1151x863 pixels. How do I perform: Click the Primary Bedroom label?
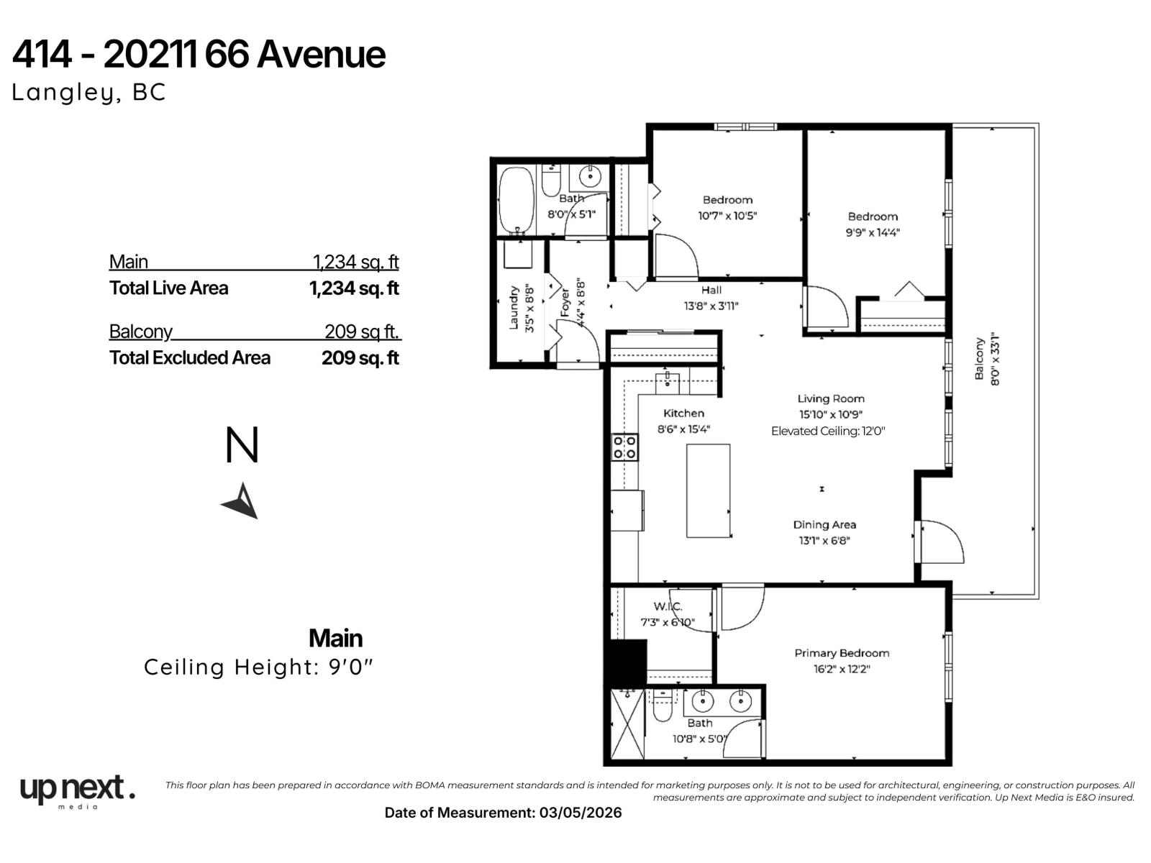pyautogui.click(x=842, y=653)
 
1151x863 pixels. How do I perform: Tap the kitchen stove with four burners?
pyautogui.click(x=624, y=447)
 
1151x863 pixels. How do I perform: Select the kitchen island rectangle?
pyautogui.click(x=708, y=490)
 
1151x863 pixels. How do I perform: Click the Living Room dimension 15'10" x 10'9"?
pyautogui.click(x=830, y=414)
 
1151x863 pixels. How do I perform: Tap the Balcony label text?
pyautogui.click(x=979, y=359)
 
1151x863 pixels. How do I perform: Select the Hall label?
pyautogui.click(x=711, y=290)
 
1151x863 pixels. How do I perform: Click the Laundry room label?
pyautogui.click(x=514, y=308)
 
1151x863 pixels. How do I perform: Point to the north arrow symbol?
pyautogui.click(x=242, y=501)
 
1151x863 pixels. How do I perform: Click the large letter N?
pyautogui.click(x=242, y=446)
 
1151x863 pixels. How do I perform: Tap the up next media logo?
pyautogui.click(x=77, y=791)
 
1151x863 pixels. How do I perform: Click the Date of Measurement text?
pyautogui.click(x=503, y=813)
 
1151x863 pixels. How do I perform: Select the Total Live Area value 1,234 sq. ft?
pyautogui.click(x=353, y=288)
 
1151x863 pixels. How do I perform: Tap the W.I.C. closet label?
pyautogui.click(x=667, y=606)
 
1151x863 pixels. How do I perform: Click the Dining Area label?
pyautogui.click(x=824, y=525)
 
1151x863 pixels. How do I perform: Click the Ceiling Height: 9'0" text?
pyautogui.click(x=259, y=667)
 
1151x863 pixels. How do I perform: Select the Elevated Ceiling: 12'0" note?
pyautogui.click(x=827, y=431)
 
